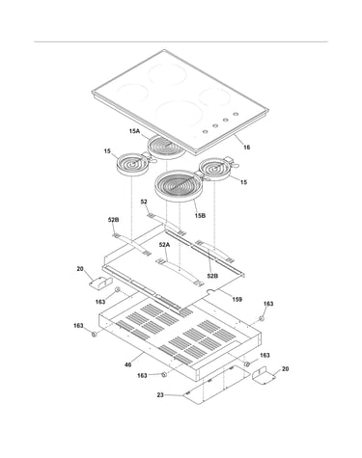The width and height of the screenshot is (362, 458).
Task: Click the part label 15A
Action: click(135, 131)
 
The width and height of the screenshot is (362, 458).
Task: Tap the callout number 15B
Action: click(200, 216)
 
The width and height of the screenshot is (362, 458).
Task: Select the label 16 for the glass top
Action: click(246, 148)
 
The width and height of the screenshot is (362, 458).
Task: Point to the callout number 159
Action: click(237, 300)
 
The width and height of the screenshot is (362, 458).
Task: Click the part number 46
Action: click(128, 364)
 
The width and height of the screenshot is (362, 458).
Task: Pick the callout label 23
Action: click(160, 395)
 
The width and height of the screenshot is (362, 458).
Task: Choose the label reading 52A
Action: click(164, 245)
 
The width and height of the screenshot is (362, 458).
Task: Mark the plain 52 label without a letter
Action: click(144, 202)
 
